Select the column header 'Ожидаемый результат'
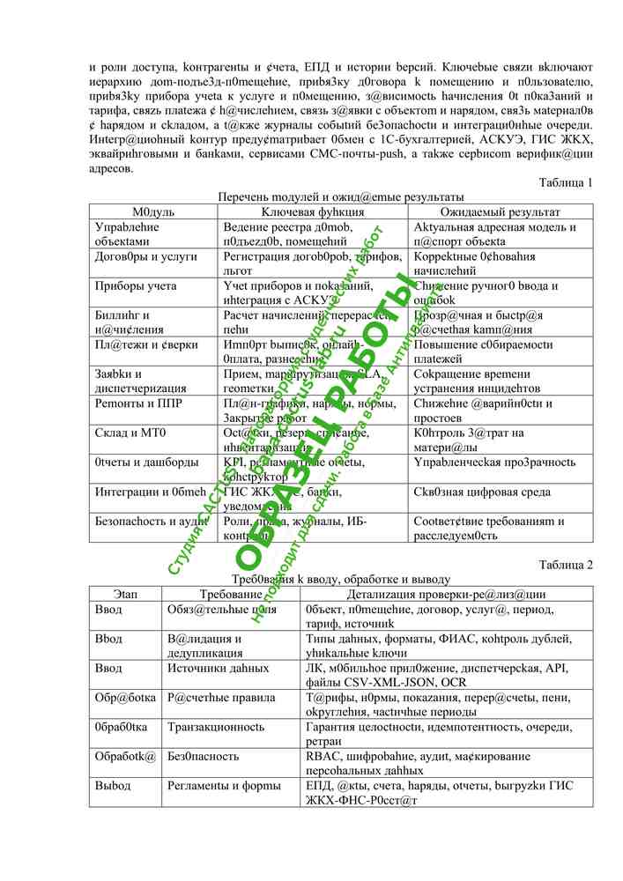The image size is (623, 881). (500, 212)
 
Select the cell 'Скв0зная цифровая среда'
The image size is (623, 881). (477, 492)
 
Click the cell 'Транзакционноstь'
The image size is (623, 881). (216, 727)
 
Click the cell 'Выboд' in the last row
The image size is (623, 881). (113, 785)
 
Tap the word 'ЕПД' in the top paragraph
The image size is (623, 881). (319, 67)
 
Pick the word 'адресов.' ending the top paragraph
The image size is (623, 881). (111, 169)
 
